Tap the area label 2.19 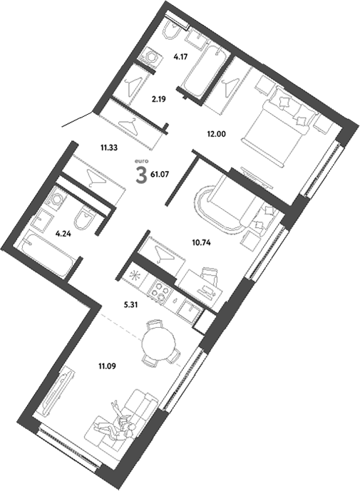click(x=158, y=100)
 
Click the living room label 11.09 click(x=107, y=367)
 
